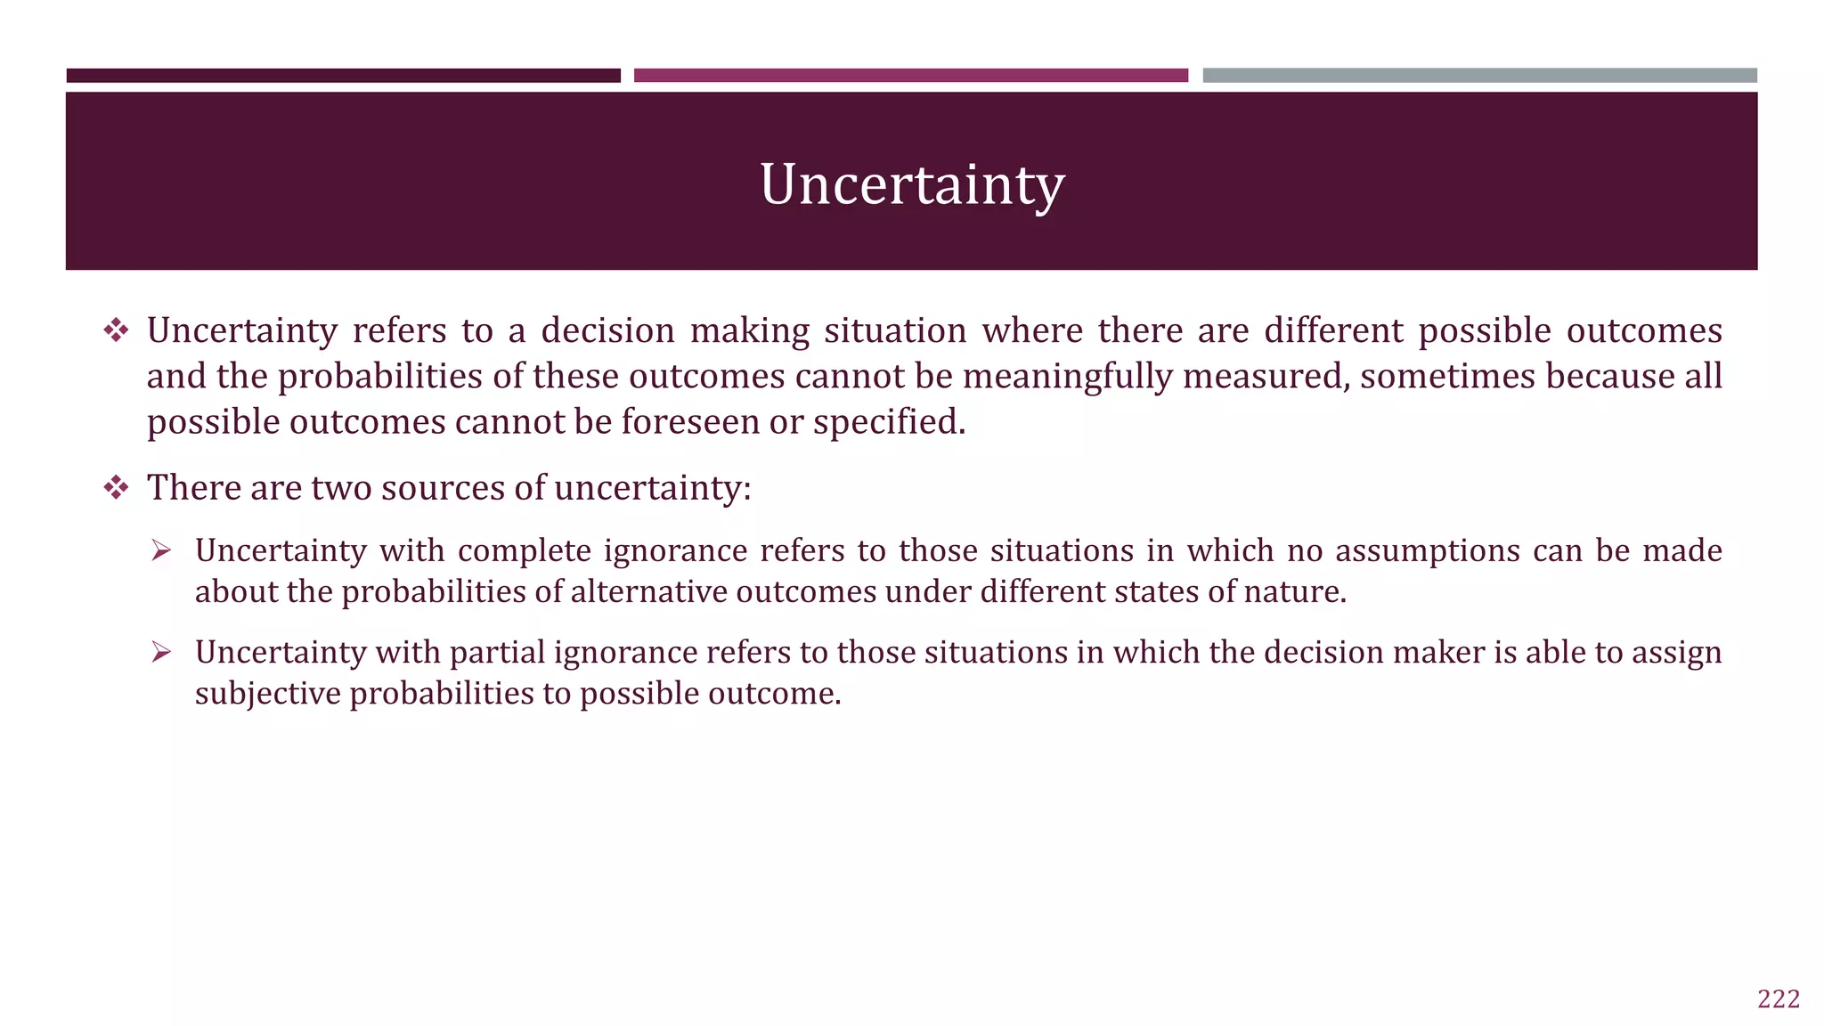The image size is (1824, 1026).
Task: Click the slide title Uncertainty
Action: point(912,185)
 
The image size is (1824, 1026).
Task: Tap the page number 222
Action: point(1779,999)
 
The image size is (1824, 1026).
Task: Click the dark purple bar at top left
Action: point(343,76)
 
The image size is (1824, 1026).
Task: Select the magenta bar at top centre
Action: point(910,76)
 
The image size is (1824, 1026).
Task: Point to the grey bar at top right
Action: point(1479,76)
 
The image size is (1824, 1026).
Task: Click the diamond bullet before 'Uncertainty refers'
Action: point(116,331)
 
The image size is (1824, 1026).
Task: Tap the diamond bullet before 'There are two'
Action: point(116,488)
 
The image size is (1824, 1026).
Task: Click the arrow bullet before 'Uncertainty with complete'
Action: point(161,551)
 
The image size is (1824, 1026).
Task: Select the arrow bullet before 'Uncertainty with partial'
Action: point(161,653)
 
